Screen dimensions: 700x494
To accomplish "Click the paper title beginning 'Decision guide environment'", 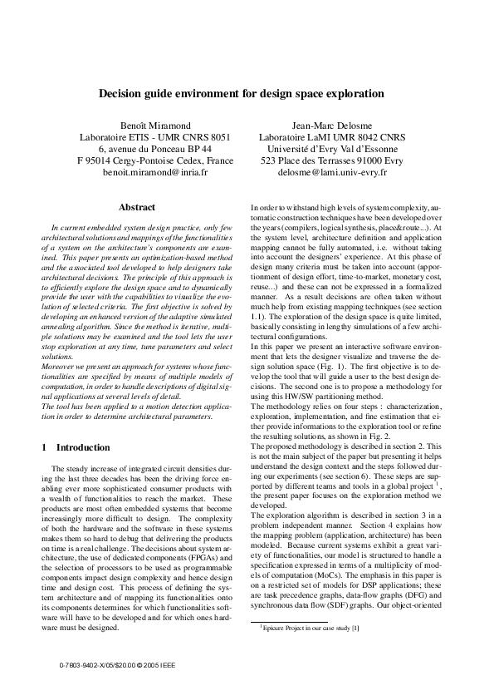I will coord(247,94).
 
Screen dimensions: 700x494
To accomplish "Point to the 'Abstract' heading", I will coord(137,207).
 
